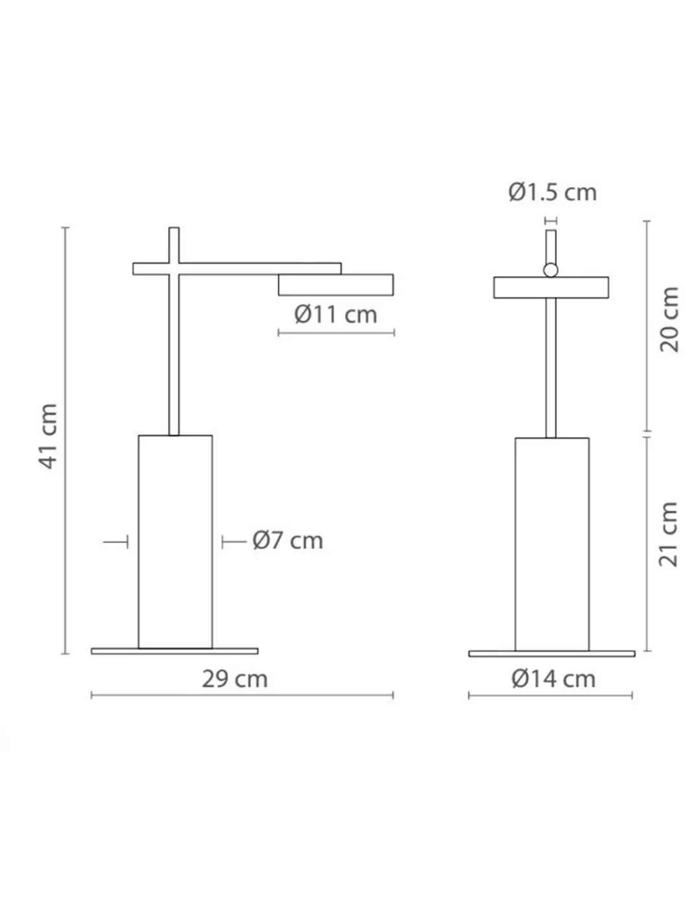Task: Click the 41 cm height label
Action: (x=49, y=437)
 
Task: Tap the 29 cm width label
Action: (x=235, y=679)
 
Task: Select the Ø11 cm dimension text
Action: (x=336, y=314)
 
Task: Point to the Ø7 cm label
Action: (x=288, y=541)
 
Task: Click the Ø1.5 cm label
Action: (x=553, y=192)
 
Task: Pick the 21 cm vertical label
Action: (x=669, y=535)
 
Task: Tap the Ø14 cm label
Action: (x=553, y=679)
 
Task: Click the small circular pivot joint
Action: (x=551, y=270)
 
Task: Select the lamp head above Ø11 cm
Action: (x=336, y=285)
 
